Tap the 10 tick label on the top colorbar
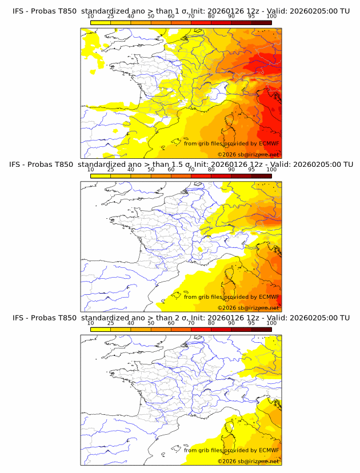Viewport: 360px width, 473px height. pyautogui.click(x=91, y=17)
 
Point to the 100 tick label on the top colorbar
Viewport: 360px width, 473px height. pyautogui.click(x=271, y=17)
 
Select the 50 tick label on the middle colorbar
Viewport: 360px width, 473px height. pyautogui.click(x=151, y=170)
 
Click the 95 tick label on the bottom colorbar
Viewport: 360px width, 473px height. pyautogui.click(x=251, y=323)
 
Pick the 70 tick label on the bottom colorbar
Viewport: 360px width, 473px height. pyautogui.click(x=191, y=323)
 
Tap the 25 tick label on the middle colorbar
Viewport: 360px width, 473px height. pyautogui.click(x=111, y=170)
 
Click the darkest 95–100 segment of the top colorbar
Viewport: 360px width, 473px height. pyautogui.click(x=261, y=22)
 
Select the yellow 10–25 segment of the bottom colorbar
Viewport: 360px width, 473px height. pyautogui.click(x=101, y=330)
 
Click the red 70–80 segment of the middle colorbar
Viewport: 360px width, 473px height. pyautogui.click(x=201, y=176)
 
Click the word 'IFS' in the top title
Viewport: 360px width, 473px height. pyautogui.click(x=18, y=11)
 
